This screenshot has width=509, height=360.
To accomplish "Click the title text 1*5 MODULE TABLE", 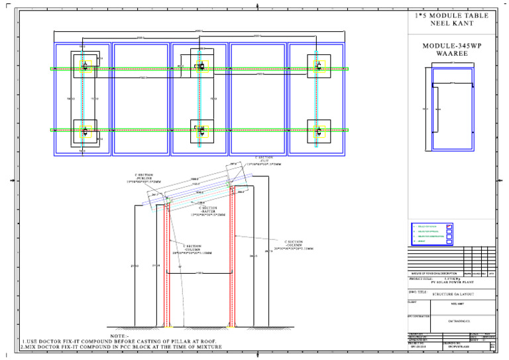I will [x=451, y=15].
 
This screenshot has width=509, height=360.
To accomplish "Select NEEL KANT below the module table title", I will [x=451, y=23].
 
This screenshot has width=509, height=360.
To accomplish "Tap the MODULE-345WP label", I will [x=451, y=46].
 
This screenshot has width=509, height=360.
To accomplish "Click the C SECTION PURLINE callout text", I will [x=144, y=179].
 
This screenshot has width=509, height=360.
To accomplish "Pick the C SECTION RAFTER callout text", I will [x=208, y=211].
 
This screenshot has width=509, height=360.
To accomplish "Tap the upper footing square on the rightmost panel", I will [x=319, y=67].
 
